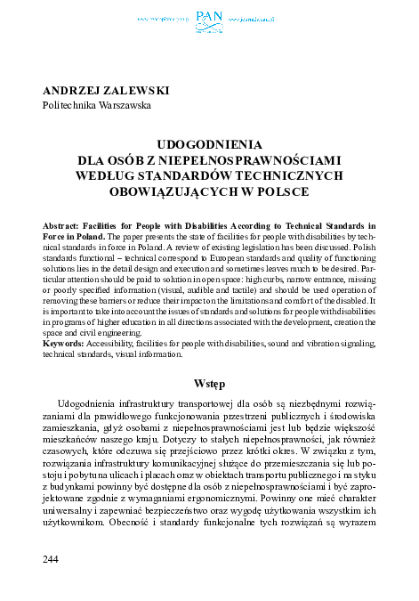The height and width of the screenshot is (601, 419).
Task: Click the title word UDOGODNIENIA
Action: coord(209,143)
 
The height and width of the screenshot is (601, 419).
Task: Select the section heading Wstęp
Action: coord(210,383)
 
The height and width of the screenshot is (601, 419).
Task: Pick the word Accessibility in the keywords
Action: coord(115,343)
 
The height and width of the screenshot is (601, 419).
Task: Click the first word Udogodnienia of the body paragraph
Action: coord(92,407)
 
